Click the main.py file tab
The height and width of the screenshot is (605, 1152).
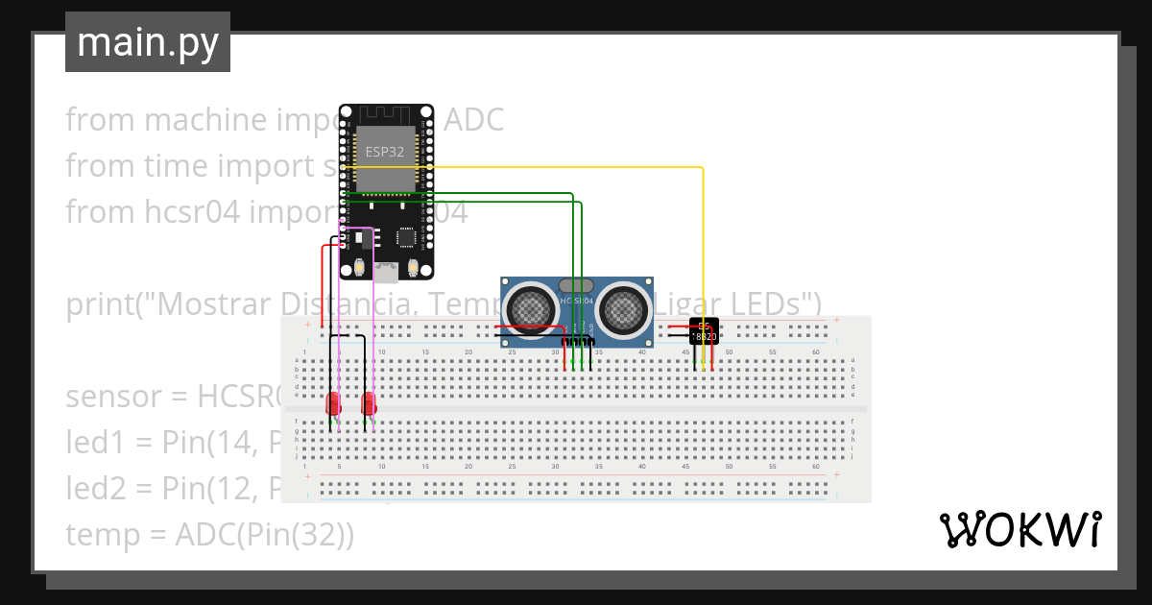point(147,42)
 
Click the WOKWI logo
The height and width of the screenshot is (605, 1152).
point(1019,530)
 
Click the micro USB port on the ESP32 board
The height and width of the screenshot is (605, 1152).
point(386,273)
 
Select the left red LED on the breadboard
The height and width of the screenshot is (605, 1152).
point(333,403)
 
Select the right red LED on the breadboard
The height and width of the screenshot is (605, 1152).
point(368,403)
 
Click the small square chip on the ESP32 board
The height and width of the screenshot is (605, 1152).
point(406,236)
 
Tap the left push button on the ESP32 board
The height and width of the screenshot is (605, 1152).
point(357,268)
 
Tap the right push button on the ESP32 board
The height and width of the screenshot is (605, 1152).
point(415,268)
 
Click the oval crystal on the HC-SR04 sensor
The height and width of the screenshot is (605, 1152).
point(576,285)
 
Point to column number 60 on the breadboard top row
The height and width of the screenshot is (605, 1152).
point(817,352)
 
